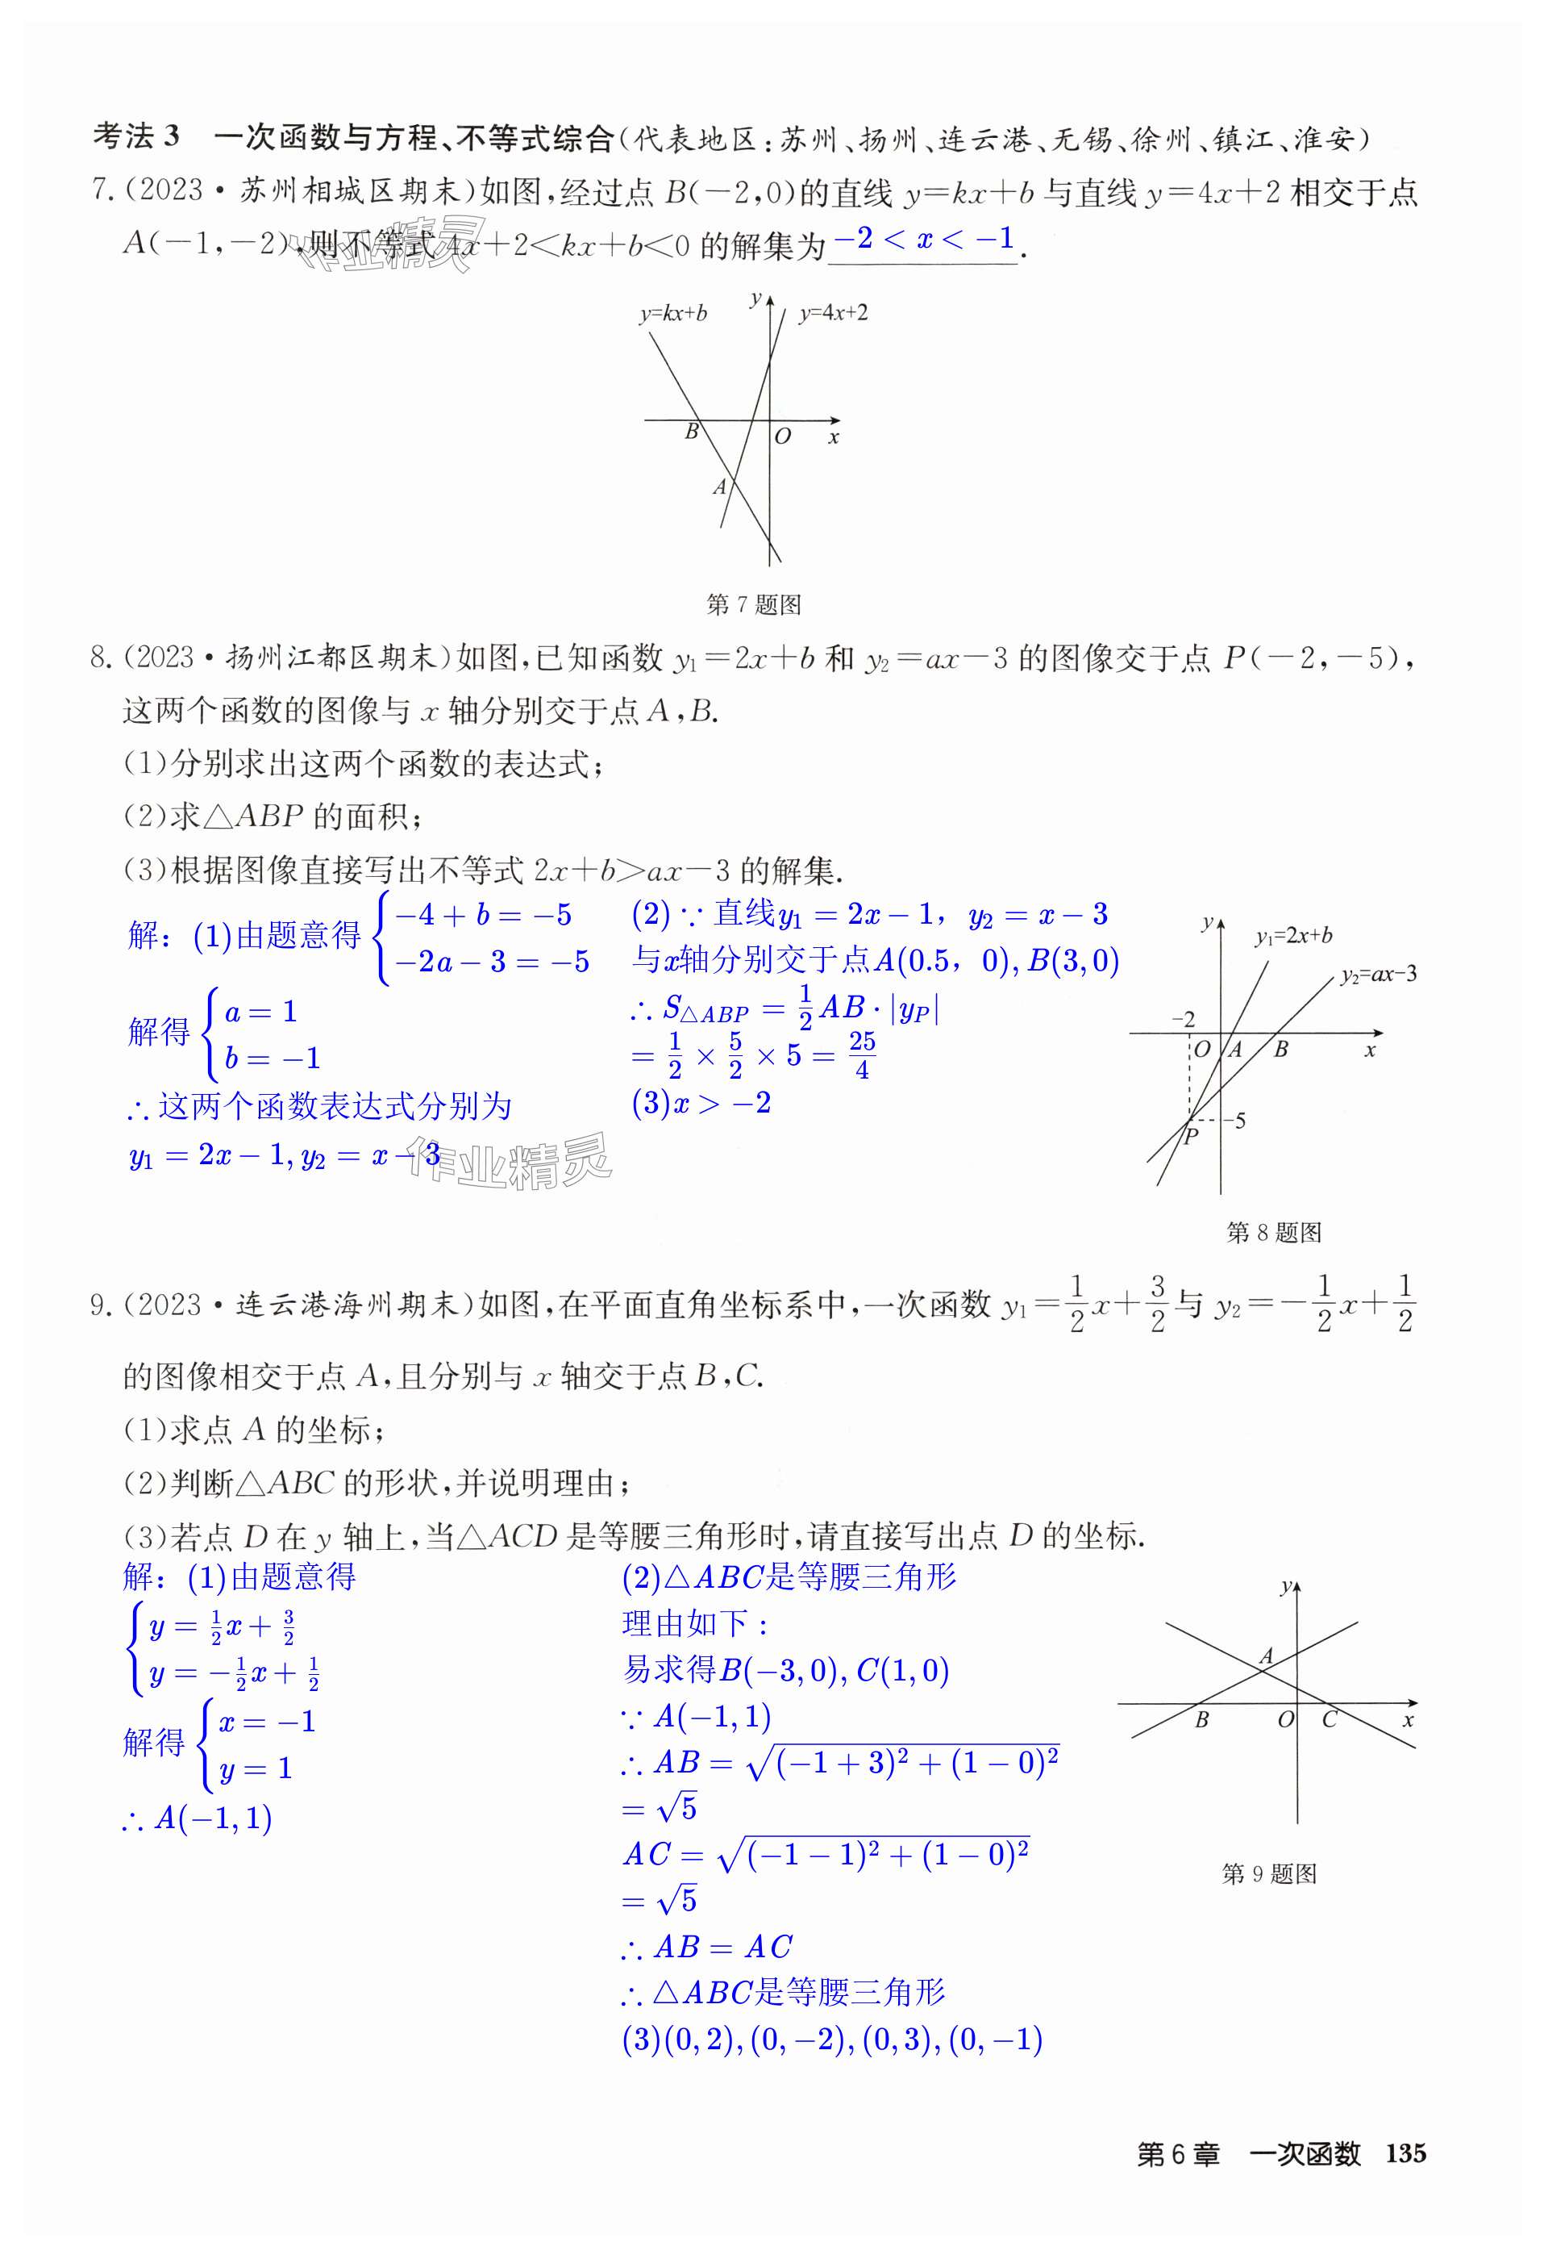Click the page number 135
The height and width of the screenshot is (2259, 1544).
[x=1405, y=2153]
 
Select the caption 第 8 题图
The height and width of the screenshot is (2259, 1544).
[x=1274, y=1233]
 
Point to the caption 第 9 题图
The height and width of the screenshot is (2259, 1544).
[x=1268, y=1874]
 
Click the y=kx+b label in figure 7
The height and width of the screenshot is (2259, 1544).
[x=672, y=313]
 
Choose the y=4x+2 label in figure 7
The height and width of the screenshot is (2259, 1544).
[x=833, y=313]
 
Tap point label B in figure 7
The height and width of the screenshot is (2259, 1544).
[x=692, y=431]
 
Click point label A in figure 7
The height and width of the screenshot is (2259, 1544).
[x=719, y=487]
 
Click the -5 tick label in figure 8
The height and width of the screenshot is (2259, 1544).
[x=1234, y=1121]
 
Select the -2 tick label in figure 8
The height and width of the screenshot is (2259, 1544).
[x=1183, y=1019]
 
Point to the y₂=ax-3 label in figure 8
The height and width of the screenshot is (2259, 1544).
[x=1377, y=974]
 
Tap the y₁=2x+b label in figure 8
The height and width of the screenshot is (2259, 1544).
[x=1292, y=936]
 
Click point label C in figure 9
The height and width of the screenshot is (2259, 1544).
[x=1330, y=1719]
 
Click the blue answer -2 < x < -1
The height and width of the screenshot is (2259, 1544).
[x=923, y=239]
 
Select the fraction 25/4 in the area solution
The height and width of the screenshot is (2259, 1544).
[x=861, y=1055]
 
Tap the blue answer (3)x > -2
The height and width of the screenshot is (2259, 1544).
[x=701, y=1103]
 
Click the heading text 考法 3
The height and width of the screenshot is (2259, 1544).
[x=136, y=137]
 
